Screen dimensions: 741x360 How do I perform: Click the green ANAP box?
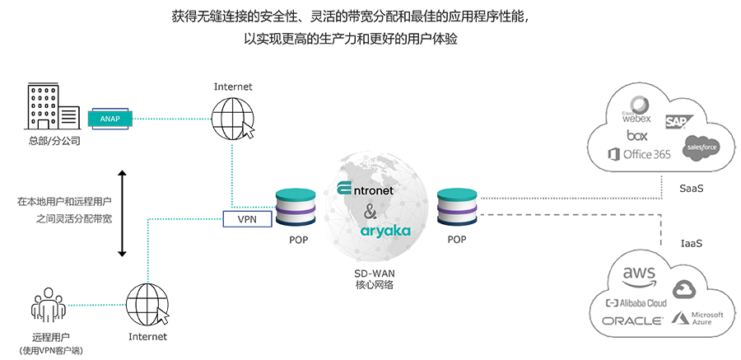tap(110, 119)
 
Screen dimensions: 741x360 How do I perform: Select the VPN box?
tap(247, 219)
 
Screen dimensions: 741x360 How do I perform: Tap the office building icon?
tap(52, 106)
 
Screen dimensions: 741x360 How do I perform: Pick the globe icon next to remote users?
tap(147, 304)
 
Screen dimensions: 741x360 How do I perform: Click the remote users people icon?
tap(49, 304)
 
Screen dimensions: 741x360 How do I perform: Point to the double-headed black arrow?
tap(122, 213)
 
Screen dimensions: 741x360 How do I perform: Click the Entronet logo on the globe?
tap(365, 189)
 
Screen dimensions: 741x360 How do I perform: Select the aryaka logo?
tap(385, 231)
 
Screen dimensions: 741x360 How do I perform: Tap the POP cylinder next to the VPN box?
tap(296, 208)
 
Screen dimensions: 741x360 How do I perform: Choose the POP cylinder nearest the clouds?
tap(458, 208)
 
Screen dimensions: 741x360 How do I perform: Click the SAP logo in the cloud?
tap(679, 122)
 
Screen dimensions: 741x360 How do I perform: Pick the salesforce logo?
tap(701, 147)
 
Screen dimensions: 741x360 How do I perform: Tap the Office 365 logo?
tap(640, 154)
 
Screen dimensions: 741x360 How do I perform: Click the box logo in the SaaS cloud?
tap(637, 135)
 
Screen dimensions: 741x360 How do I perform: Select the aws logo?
tap(639, 276)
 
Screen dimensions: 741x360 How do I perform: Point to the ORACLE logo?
tap(632, 321)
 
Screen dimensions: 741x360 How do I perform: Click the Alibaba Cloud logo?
tap(636, 303)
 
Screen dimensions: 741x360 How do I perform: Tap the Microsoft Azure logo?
tap(697, 318)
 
